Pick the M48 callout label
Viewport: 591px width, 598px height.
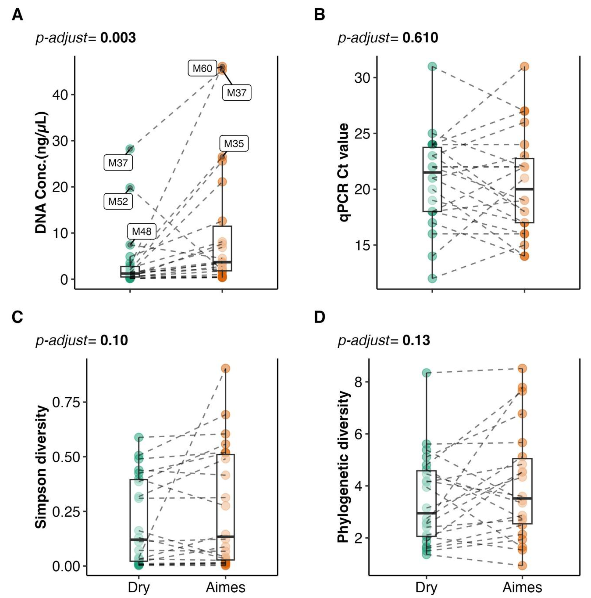[x=142, y=231]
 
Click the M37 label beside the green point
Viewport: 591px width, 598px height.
[x=118, y=163]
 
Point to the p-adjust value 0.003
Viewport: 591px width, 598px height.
[x=118, y=38]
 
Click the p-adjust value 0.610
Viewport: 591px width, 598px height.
[x=420, y=38]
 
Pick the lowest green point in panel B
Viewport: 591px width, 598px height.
[x=432, y=278]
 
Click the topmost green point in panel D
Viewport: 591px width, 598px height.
[x=427, y=373]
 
